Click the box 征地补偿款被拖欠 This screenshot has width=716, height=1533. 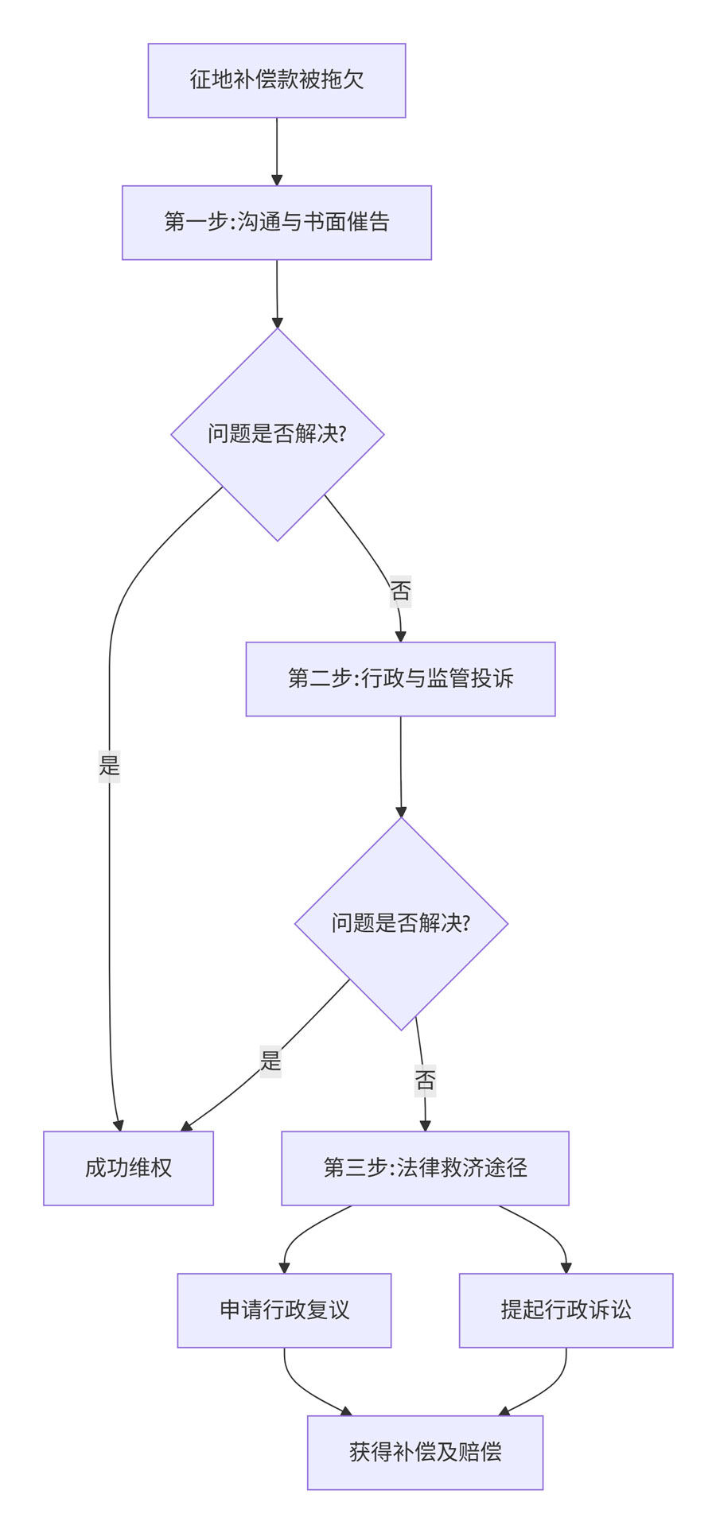(x=276, y=80)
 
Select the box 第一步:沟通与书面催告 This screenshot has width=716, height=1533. (x=276, y=223)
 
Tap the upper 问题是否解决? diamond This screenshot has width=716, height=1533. (x=277, y=434)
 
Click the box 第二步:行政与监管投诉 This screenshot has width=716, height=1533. (x=400, y=679)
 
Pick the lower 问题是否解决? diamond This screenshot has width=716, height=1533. (x=401, y=923)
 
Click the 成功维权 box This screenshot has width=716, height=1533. (x=128, y=1168)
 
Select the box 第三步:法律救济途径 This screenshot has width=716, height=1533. (x=425, y=1168)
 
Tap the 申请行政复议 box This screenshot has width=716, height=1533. (x=284, y=1310)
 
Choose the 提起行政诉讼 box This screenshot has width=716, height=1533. (x=566, y=1310)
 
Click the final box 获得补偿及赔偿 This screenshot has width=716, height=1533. (x=425, y=1452)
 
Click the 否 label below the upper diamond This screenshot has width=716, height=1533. (x=400, y=591)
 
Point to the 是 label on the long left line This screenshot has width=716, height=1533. (x=109, y=766)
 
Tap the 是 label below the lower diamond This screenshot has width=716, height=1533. (x=270, y=1061)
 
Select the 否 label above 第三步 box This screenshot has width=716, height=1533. (x=425, y=1080)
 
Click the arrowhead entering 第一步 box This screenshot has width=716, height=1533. (x=277, y=180)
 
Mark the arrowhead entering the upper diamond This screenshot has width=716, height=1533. (x=277, y=322)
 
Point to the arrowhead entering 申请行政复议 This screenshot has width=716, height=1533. (x=284, y=1267)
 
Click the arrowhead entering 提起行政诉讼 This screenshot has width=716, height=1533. (x=566, y=1267)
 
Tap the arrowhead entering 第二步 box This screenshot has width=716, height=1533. (x=400, y=636)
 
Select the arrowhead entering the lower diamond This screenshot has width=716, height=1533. (x=401, y=811)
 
